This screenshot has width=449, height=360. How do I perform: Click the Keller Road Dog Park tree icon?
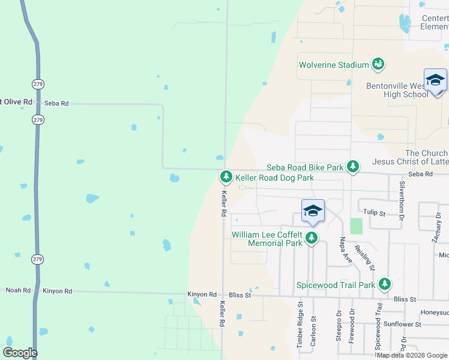(x=226, y=176)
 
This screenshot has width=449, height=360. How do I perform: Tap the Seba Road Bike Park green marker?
(x=354, y=166)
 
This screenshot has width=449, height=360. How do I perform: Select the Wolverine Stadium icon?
(x=378, y=63)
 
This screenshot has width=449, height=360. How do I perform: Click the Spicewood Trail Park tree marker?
(x=384, y=283)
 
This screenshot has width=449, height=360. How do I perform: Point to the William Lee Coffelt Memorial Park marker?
(x=311, y=238)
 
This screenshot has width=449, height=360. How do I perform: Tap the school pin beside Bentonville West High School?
(x=435, y=80)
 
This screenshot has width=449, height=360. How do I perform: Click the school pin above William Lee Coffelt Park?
(x=313, y=211)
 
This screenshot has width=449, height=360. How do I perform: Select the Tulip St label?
(x=375, y=212)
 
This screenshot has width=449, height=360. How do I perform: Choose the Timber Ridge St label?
(x=300, y=328)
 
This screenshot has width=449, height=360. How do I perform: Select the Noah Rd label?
(x=18, y=290)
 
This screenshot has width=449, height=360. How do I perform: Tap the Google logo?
(x=20, y=353)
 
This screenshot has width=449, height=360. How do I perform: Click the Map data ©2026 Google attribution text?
(x=412, y=355)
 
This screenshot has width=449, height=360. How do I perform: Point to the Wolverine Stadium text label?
(x=333, y=65)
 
